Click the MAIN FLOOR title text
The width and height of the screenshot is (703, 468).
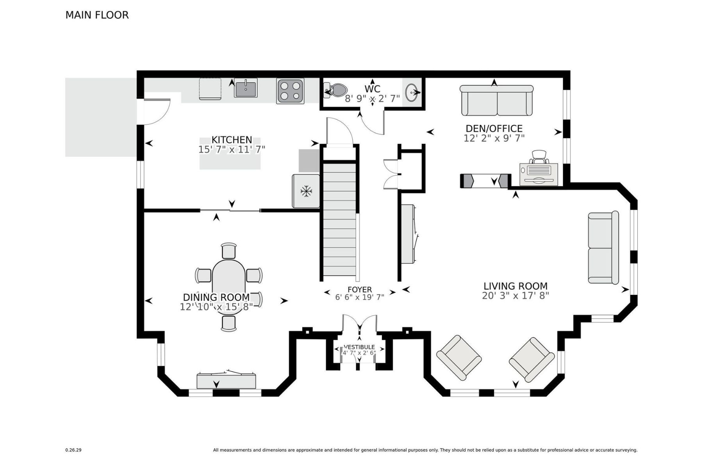(x=97, y=15)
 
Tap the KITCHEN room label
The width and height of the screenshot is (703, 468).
(x=232, y=140)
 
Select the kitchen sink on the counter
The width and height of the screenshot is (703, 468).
(x=246, y=89)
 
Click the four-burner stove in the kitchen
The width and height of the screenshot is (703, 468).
(x=290, y=91)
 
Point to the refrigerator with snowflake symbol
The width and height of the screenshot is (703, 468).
(x=306, y=191)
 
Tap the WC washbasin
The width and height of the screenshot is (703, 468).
(x=412, y=93)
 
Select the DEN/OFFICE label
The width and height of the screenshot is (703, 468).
(x=494, y=128)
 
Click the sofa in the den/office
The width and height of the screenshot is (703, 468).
(x=497, y=101)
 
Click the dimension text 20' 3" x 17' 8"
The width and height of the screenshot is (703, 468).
(x=515, y=296)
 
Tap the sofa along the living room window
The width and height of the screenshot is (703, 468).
(x=603, y=248)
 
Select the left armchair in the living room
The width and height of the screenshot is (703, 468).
(x=459, y=357)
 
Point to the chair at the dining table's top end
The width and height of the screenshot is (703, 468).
(x=229, y=250)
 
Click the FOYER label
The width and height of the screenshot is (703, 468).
(x=360, y=289)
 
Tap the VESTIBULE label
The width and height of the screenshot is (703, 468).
(x=359, y=347)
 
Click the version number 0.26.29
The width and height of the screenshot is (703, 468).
(x=73, y=450)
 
